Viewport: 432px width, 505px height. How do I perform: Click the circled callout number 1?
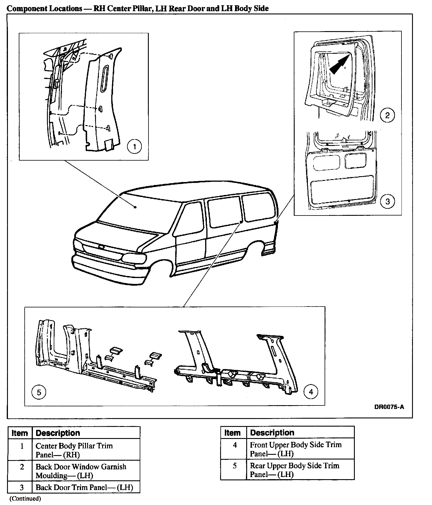click(135, 146)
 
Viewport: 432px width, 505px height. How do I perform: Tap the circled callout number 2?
click(387, 115)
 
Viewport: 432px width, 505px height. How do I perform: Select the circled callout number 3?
click(387, 201)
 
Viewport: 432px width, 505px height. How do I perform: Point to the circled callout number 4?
click(311, 391)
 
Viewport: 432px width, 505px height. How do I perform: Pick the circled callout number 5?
click(39, 392)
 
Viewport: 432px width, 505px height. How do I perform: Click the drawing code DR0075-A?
click(389, 407)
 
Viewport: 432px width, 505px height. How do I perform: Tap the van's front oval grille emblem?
click(101, 247)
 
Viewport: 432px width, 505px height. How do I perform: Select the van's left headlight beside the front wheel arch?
click(134, 259)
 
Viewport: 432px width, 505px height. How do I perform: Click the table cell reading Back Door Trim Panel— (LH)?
click(84, 488)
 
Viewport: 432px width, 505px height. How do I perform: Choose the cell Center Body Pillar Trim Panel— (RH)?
click(74, 450)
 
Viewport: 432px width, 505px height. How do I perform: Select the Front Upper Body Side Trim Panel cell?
click(296, 449)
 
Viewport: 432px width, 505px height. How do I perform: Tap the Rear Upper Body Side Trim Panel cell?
click(294, 470)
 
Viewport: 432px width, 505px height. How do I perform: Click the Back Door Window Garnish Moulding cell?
click(81, 471)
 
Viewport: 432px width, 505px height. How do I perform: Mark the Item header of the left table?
click(20, 433)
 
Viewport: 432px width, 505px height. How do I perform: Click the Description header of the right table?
click(272, 432)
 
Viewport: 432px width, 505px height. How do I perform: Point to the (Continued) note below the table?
click(26, 498)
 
